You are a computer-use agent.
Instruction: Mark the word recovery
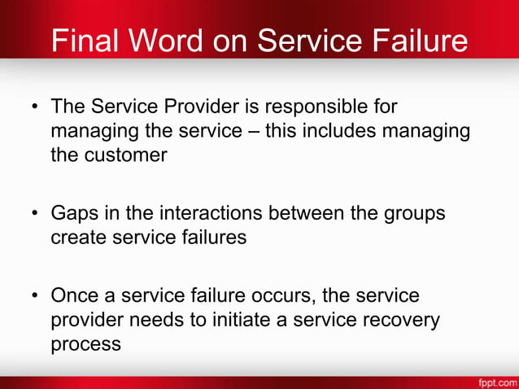click(406, 319)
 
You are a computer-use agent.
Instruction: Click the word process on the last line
click(85, 343)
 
